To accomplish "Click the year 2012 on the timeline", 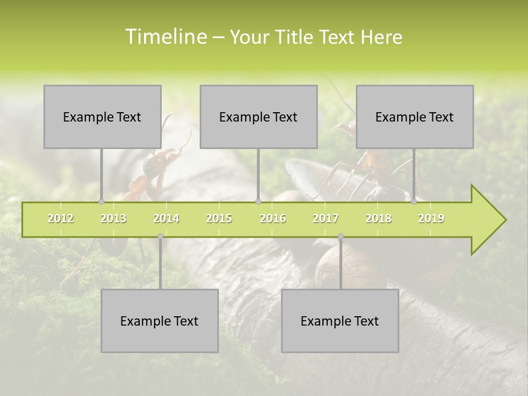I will [x=61, y=218].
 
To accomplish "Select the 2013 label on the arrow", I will [x=113, y=218].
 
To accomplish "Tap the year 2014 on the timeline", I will [x=166, y=218].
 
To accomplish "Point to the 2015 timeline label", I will [x=219, y=218].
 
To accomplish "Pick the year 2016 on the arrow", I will [x=273, y=218].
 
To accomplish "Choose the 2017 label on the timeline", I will [x=326, y=218].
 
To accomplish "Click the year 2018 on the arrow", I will [x=378, y=218].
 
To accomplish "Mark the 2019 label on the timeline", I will [x=431, y=218].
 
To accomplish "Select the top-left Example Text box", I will [x=102, y=117].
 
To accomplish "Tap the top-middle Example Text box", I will [x=258, y=117].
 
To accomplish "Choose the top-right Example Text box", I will [x=415, y=117].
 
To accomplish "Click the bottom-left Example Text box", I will [x=159, y=321].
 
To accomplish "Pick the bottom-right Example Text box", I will [x=340, y=321].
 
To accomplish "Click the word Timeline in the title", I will [x=165, y=37].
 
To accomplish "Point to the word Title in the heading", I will [x=297, y=37].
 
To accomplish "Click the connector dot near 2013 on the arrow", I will [x=101, y=202].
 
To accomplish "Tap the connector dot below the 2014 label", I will [x=160, y=237].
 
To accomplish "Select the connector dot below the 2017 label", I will [x=340, y=237].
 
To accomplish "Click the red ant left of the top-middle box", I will [x=154, y=170].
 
